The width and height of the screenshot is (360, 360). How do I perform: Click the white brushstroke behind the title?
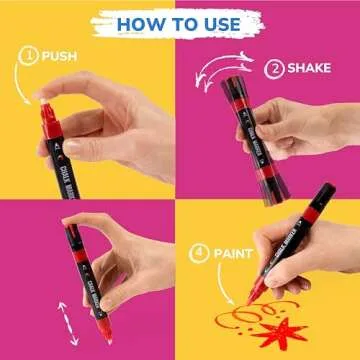[180, 22]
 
